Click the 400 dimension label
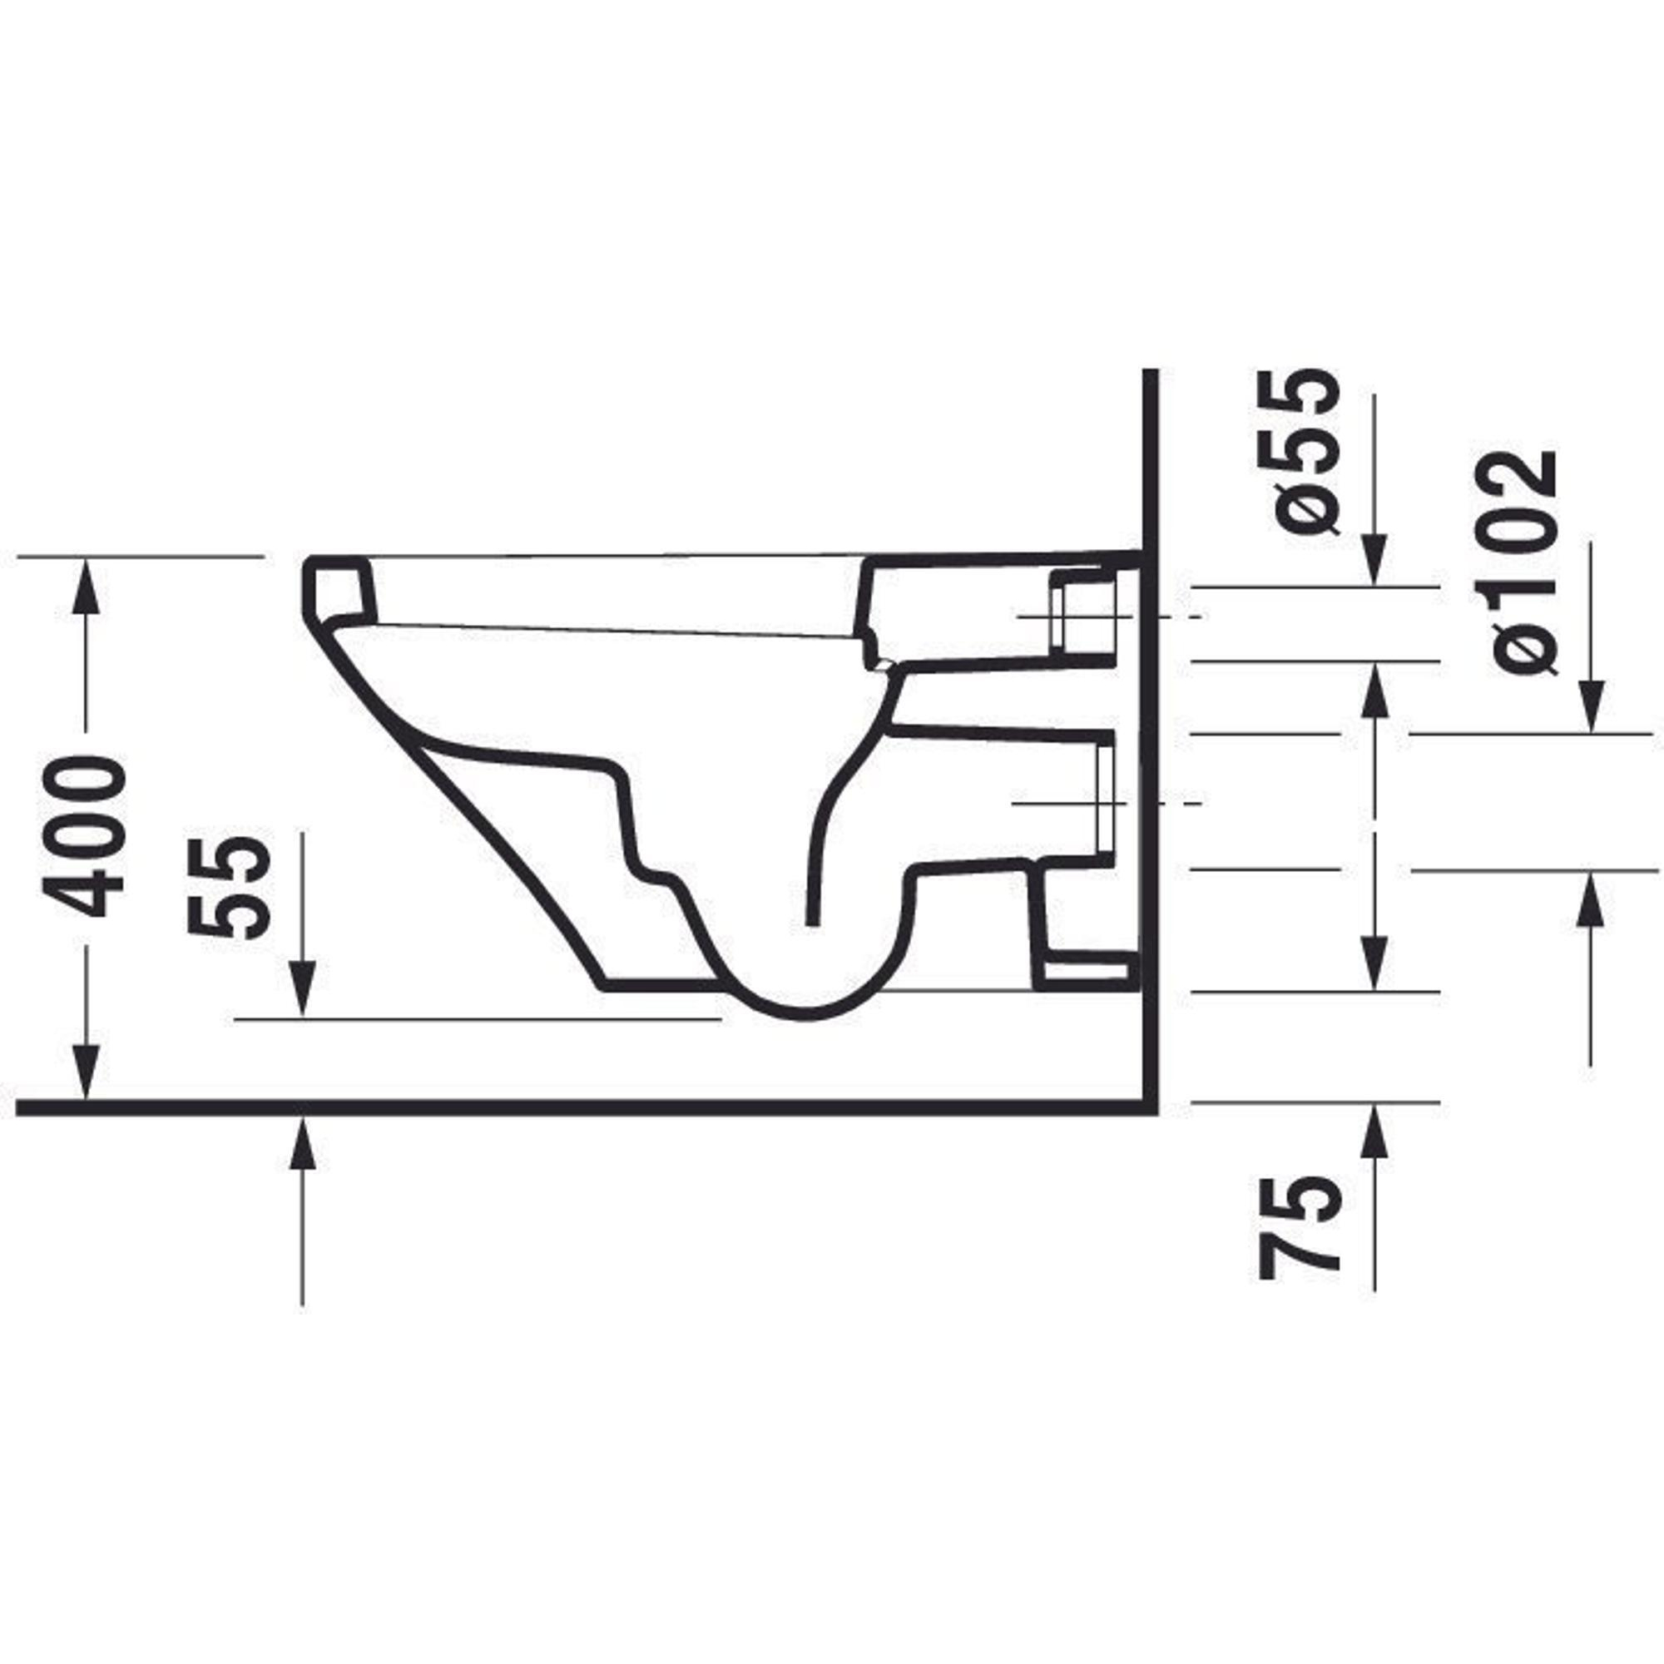coord(84,835)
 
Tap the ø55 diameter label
coord(1298,451)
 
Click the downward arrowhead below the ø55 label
coord(1374,559)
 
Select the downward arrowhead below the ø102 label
coord(1591,706)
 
